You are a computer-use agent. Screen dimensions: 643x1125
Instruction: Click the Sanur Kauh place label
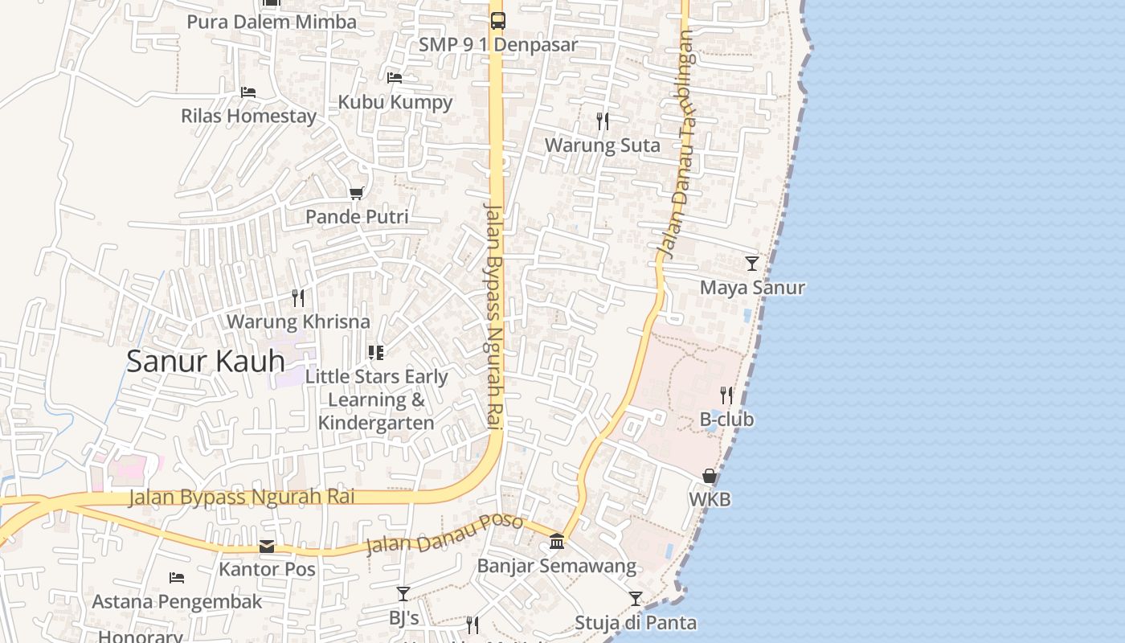[x=206, y=362]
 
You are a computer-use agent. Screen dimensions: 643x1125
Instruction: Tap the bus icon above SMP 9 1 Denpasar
[x=498, y=21]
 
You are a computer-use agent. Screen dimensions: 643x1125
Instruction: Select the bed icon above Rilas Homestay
[x=248, y=92]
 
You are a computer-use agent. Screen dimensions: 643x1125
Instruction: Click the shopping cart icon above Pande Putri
[x=357, y=193]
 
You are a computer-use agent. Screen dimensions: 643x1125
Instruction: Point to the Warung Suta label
[x=602, y=145]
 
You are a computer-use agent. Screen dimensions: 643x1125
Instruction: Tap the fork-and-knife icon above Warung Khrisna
[x=298, y=298]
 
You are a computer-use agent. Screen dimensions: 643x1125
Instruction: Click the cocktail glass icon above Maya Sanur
[x=752, y=264]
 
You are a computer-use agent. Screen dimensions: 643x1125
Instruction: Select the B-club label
[x=726, y=420]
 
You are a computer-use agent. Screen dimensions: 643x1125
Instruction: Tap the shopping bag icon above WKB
[x=710, y=476]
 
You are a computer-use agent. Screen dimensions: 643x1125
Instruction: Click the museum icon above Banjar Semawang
[x=557, y=542]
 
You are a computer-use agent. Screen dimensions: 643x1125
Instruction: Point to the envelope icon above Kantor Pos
[x=267, y=547]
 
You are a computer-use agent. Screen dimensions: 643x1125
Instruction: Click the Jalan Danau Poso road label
[x=444, y=534]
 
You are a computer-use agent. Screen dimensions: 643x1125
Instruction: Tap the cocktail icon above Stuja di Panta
[x=636, y=599]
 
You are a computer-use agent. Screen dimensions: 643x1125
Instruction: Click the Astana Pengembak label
[x=177, y=602]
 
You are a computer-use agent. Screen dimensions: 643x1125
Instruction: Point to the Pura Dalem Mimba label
[x=272, y=22]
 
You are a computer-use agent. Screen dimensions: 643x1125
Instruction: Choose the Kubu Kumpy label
[x=395, y=102]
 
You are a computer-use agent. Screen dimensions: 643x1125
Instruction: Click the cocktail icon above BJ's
[x=403, y=594]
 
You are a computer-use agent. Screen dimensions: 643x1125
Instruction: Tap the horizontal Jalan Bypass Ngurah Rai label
[x=242, y=497]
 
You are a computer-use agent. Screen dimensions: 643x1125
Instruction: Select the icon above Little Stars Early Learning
[x=376, y=352]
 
